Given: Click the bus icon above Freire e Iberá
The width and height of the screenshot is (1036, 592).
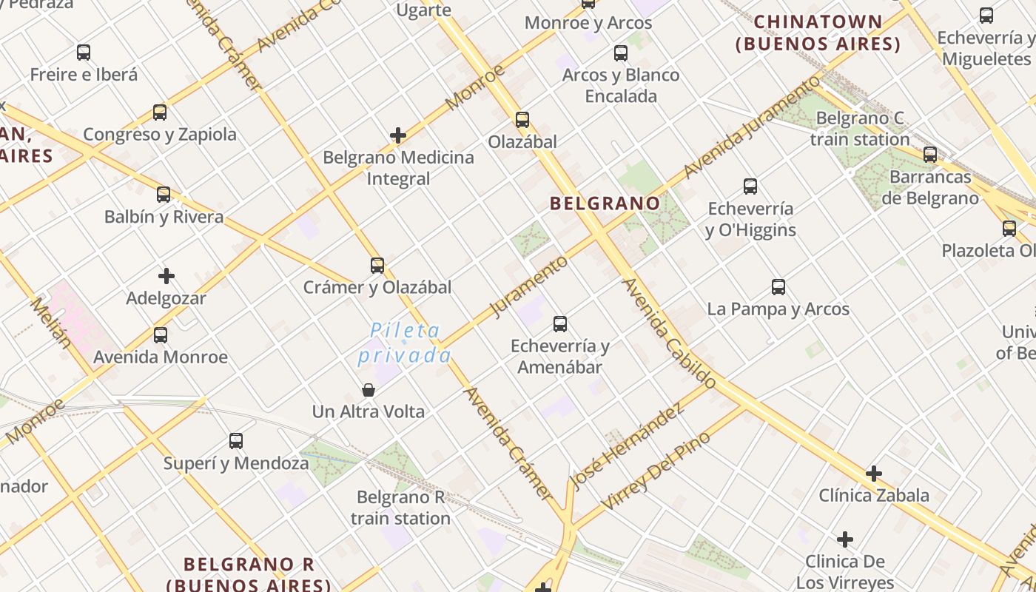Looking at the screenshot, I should (84, 53).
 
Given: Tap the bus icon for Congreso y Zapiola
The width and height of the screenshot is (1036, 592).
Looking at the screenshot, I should (160, 112).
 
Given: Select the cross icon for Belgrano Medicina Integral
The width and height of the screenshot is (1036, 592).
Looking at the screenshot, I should (398, 135).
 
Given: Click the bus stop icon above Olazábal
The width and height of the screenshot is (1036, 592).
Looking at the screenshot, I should (522, 120).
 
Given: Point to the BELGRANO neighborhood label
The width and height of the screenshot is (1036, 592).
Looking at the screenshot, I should (605, 203).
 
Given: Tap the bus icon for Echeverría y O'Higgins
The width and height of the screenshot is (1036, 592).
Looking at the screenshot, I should (750, 186).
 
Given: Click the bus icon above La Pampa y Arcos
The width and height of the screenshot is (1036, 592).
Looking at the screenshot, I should (778, 287).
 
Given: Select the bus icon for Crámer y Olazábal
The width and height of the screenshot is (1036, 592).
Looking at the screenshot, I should (377, 266).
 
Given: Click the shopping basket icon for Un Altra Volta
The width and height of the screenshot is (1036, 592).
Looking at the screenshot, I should (369, 390).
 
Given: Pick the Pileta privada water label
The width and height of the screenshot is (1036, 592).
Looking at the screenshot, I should (405, 343).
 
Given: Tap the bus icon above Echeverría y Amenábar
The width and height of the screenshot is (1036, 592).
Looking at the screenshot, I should (560, 324).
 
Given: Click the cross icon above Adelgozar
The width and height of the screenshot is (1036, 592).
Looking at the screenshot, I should (166, 277).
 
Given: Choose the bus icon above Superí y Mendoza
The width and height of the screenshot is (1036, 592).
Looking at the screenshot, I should (236, 442).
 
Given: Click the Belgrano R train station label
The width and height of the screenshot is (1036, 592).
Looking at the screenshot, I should (400, 508).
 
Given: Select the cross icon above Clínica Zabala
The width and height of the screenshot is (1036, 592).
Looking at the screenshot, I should (874, 474).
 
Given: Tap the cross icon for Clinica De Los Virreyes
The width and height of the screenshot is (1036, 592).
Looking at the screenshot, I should (845, 539).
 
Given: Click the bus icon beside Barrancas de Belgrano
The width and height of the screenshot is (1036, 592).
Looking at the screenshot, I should (930, 155).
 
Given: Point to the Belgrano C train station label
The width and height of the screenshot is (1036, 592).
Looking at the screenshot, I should (860, 129).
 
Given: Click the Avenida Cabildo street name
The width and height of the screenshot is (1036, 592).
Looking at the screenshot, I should (669, 333).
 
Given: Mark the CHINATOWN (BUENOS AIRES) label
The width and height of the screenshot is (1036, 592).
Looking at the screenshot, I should (818, 33).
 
